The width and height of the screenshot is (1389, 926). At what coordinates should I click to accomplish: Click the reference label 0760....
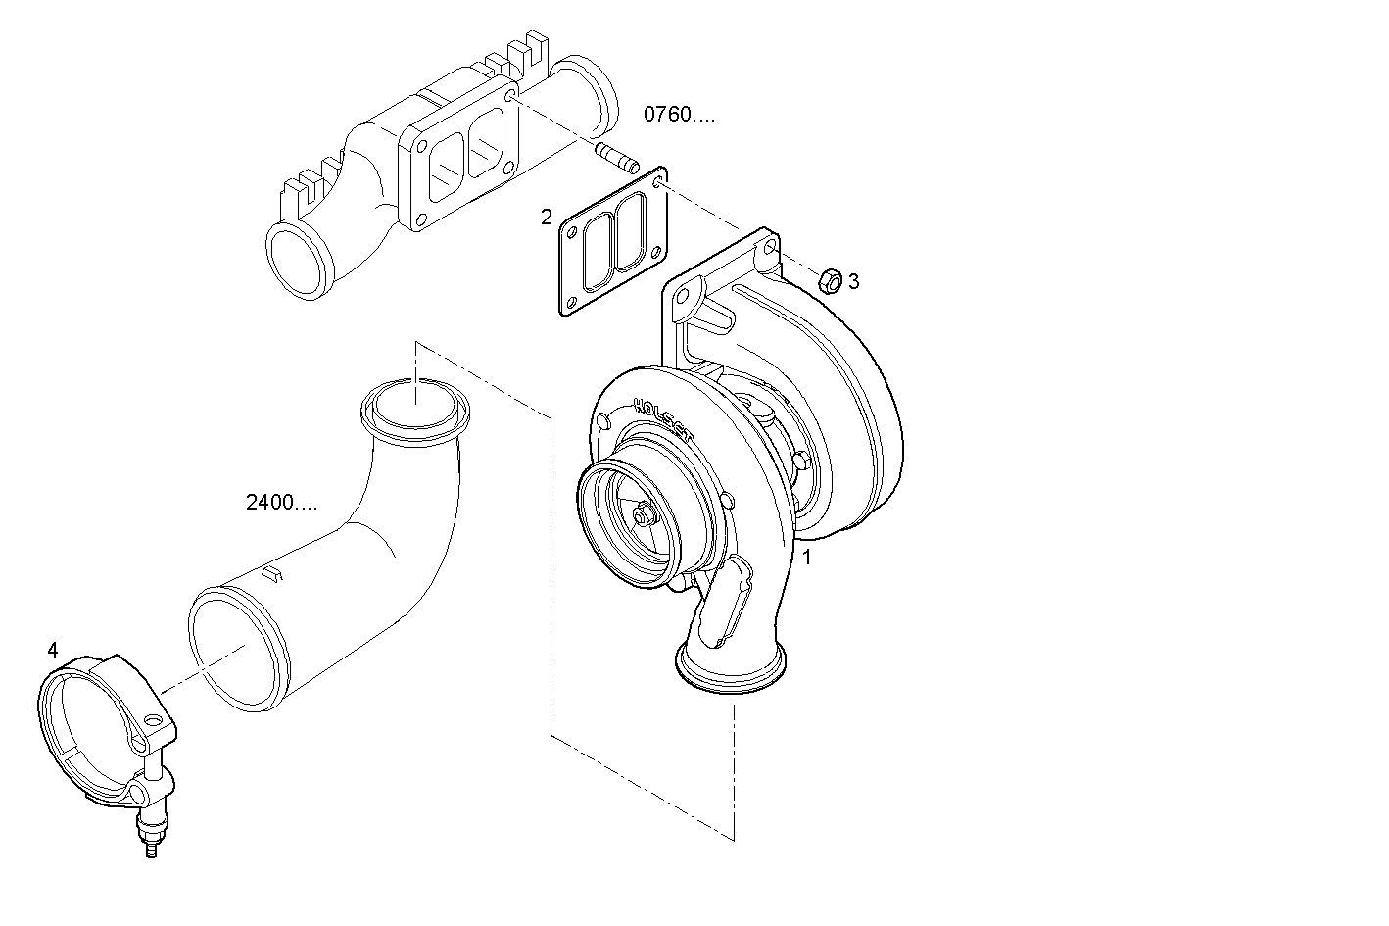[x=678, y=115]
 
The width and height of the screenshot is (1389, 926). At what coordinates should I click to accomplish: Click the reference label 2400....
[x=281, y=504]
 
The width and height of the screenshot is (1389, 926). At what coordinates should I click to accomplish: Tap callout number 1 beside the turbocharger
[x=807, y=559]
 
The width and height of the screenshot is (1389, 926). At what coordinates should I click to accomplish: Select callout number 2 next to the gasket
[x=547, y=217]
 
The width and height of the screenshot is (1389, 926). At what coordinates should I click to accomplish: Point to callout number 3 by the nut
[x=853, y=282]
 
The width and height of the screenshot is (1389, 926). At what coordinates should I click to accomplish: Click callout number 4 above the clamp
[x=53, y=650]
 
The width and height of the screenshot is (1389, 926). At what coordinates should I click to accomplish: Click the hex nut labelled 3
[x=829, y=280]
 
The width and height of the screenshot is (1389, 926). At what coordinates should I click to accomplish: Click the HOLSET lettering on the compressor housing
[x=661, y=418]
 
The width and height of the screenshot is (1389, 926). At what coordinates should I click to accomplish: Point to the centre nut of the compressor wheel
[x=642, y=515]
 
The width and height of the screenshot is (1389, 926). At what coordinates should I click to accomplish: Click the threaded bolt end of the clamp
[x=150, y=843]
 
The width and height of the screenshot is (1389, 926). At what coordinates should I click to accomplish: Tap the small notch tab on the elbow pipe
[x=273, y=572]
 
